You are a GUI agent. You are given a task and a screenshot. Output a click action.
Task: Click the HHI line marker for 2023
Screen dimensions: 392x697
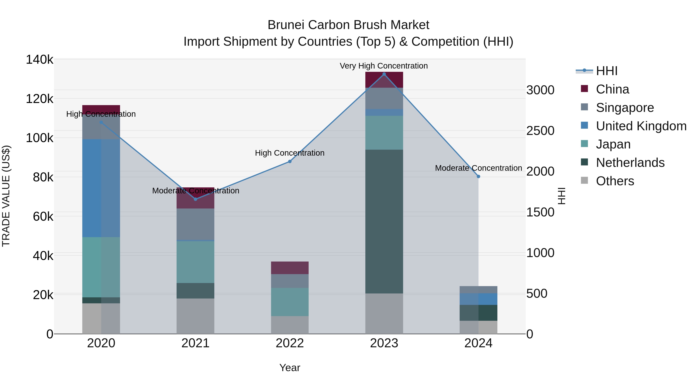point(384,74)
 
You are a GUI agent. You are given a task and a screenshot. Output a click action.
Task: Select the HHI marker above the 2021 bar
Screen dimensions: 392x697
point(196,199)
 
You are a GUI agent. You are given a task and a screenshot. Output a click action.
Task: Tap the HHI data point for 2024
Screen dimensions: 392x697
point(478,176)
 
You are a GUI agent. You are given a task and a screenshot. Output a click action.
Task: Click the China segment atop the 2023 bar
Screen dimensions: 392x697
point(384,80)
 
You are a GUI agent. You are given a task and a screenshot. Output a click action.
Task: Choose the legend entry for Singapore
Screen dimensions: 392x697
point(624,108)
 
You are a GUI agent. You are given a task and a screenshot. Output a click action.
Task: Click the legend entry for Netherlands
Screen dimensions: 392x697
point(630,163)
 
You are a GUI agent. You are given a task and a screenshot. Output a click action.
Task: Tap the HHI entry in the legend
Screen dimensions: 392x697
point(606,71)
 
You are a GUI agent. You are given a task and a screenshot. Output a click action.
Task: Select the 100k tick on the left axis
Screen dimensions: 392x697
point(39,138)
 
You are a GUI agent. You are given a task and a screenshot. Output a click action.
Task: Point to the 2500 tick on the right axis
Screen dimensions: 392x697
point(540,131)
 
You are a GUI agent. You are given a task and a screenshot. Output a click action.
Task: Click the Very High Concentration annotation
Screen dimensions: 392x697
point(384,66)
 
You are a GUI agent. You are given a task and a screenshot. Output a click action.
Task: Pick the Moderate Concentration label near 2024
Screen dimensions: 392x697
point(478,168)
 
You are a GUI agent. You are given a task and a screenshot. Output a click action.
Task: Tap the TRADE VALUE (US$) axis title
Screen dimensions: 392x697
point(6,196)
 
